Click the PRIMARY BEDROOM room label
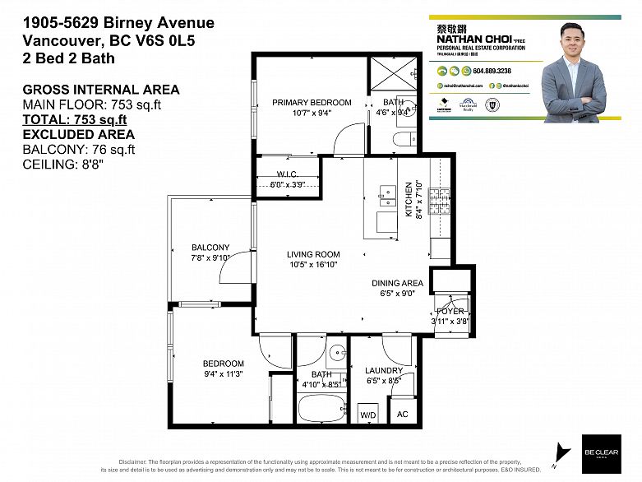click(312, 103)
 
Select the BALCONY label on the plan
click(210, 248)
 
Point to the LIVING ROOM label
click(313, 254)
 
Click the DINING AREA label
click(397, 283)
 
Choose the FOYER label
click(450, 312)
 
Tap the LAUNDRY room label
click(384, 371)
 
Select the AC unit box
click(402, 414)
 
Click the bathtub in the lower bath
click(321, 409)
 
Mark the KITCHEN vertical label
click(407, 199)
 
